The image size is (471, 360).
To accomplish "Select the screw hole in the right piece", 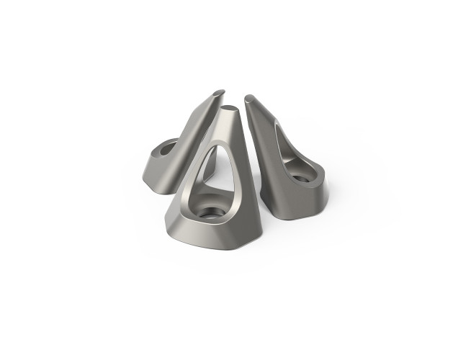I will [300, 174].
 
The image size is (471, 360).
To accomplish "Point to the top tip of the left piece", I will [219, 93].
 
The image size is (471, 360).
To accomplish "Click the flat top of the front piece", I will [228, 110].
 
